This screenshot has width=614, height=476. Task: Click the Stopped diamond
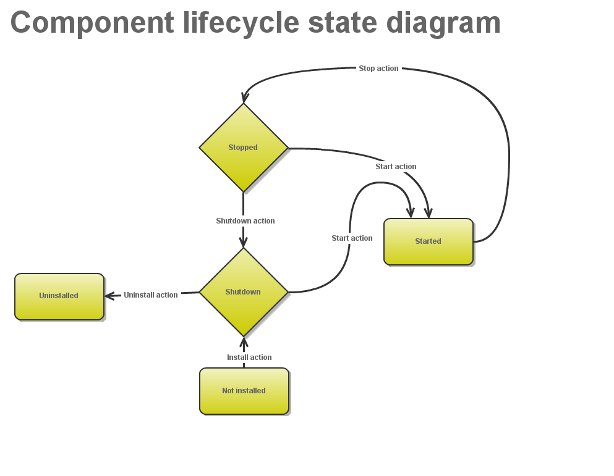(243, 148)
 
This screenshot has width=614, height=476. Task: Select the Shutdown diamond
(243, 292)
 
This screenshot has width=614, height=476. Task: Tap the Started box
(428, 241)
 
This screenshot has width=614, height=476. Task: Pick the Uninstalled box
(59, 296)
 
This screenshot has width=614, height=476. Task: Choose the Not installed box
(244, 391)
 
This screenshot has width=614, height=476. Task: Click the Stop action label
(378, 69)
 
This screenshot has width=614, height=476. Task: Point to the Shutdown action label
(245, 221)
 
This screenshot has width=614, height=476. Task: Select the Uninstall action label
(150, 295)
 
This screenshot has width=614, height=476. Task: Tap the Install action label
(249, 357)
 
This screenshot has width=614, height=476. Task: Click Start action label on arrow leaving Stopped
(396, 167)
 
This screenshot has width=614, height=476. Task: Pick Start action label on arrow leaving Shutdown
(352, 238)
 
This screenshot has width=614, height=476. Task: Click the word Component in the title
(92, 23)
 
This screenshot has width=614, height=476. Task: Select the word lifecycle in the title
(241, 23)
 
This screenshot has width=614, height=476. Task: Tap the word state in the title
(342, 23)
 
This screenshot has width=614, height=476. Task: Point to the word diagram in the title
(443, 23)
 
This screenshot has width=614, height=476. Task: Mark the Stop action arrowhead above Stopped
(245, 97)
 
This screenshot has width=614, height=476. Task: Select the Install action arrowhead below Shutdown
(244, 343)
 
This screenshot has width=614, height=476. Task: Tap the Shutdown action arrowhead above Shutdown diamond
(243, 241)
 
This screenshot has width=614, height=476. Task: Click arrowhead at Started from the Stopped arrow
(428, 212)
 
